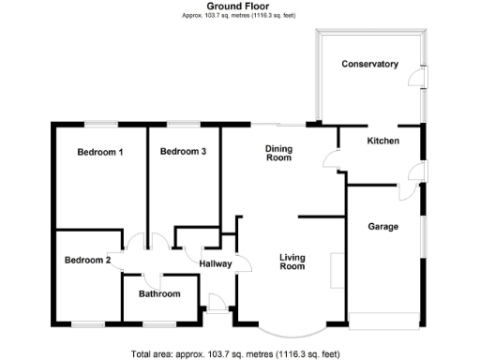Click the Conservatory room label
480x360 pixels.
370,64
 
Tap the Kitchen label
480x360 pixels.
382,141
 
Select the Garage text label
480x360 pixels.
382,227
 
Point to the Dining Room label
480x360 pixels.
278,153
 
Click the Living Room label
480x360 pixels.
292,262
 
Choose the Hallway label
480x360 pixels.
216,263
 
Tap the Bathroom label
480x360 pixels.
159,294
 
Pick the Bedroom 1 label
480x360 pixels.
100,152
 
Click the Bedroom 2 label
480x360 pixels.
88,260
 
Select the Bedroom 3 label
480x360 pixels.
183,152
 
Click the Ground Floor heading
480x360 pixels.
239,7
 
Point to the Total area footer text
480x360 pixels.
240,353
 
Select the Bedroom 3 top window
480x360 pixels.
183,124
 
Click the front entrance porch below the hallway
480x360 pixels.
216,302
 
